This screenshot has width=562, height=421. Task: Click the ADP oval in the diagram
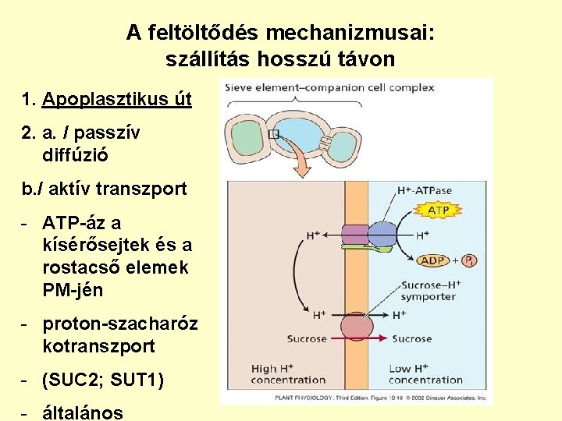(435, 260)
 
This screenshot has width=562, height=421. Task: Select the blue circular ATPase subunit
(382, 234)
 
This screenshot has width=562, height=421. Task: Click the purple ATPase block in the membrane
(356, 234)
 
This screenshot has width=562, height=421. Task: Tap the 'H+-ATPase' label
(423, 189)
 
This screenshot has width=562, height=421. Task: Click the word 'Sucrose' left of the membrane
(306, 338)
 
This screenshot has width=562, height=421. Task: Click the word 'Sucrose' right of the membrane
(411, 338)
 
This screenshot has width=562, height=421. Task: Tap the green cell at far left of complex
(245, 137)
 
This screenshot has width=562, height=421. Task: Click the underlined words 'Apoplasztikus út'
(117, 100)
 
